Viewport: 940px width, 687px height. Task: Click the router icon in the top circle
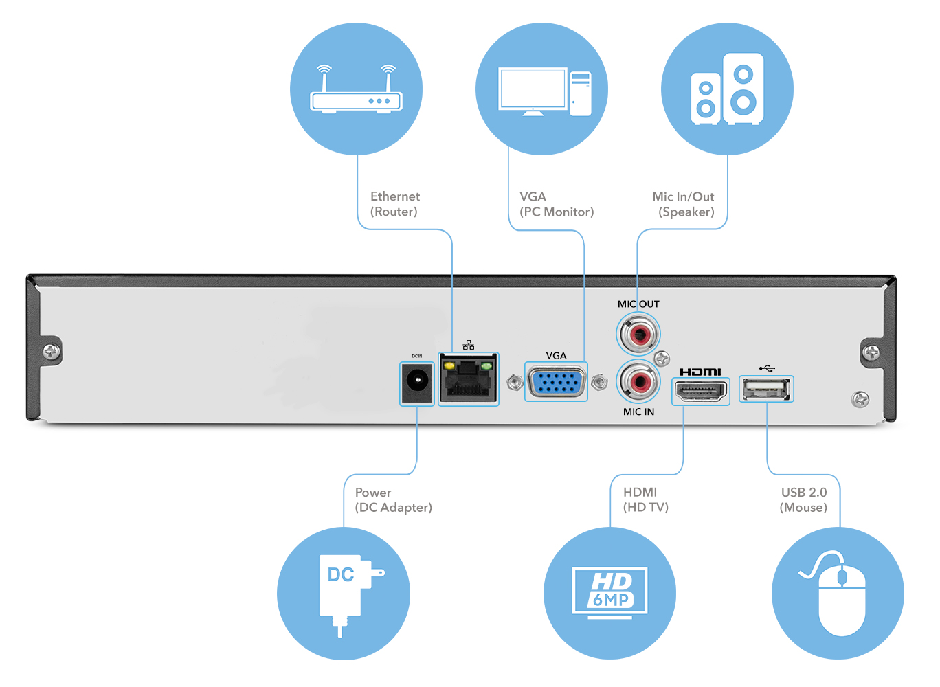356,89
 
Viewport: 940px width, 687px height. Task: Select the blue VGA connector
556,382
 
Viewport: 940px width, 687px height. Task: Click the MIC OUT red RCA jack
638,335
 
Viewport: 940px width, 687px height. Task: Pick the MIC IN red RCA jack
638,381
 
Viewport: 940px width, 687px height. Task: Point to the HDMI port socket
700,391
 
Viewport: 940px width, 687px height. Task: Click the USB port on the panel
766,389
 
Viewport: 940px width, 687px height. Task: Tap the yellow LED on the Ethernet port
449,365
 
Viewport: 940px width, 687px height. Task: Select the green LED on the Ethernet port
486,366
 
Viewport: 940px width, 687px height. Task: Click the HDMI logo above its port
700,372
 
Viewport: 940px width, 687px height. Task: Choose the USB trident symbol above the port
767,368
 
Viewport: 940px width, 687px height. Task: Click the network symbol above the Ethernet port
469,345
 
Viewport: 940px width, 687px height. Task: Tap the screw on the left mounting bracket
52,350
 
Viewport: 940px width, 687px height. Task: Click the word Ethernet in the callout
395,196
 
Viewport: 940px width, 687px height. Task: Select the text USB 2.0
804,492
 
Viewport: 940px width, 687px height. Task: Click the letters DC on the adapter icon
340,574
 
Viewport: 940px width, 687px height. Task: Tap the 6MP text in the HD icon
611,600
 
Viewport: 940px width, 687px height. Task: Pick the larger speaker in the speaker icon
743,89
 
